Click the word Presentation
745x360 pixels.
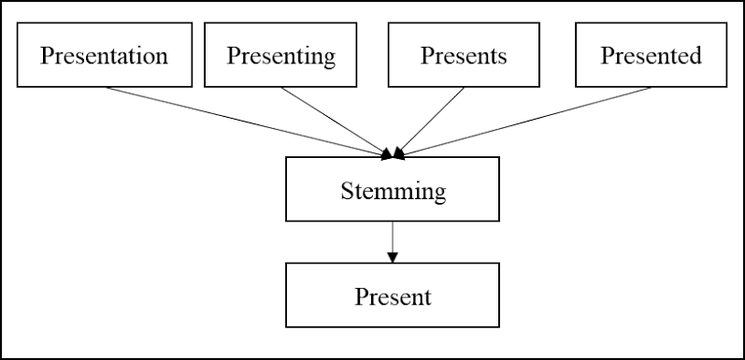click(x=104, y=55)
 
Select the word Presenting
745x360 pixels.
click(x=281, y=55)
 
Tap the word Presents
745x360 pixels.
click(x=464, y=55)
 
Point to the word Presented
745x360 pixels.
click(x=651, y=55)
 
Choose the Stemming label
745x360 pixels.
click(x=393, y=192)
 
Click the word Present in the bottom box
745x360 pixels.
click(x=393, y=297)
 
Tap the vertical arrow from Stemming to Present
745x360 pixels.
click(x=393, y=238)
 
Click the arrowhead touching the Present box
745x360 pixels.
click(x=393, y=257)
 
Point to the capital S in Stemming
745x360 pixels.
click(x=347, y=192)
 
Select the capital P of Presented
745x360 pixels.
click(x=606, y=55)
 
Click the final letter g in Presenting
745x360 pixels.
click(x=329, y=57)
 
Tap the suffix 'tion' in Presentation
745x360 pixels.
click(x=150, y=55)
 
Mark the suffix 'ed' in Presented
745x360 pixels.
click(x=690, y=55)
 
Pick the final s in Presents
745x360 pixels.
click(x=502, y=56)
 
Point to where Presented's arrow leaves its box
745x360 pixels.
click(x=652, y=88)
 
